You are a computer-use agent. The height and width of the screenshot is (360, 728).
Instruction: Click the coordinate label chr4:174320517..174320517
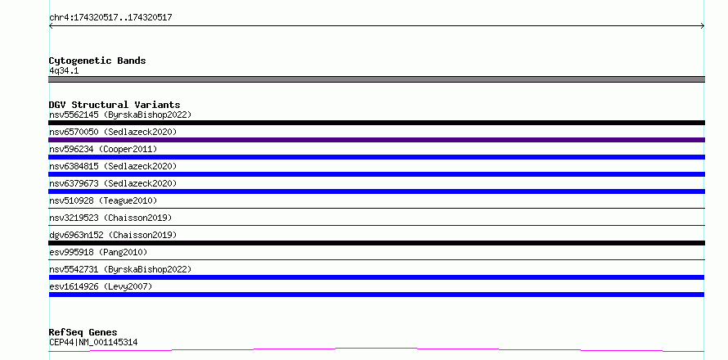(110, 18)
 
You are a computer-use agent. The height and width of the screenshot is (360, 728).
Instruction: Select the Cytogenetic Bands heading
(97, 61)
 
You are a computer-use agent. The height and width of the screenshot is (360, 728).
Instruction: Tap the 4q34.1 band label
(64, 71)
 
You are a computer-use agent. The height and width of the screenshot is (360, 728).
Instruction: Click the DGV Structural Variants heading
(115, 105)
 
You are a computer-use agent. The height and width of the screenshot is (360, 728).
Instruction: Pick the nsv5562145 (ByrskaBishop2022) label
(120, 115)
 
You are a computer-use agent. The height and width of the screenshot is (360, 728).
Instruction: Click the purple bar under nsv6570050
(376, 140)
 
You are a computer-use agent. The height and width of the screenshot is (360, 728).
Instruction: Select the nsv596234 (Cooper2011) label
(103, 149)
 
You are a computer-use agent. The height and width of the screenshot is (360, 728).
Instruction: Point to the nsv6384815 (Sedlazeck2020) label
(113, 166)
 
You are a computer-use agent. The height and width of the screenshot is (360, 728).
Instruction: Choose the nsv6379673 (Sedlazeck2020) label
(113, 183)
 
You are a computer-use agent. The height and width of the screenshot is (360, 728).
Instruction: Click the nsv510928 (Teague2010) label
(103, 200)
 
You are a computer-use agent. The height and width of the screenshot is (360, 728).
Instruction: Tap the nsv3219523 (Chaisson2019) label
(110, 218)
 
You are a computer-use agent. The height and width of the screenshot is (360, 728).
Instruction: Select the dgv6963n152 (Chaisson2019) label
(113, 235)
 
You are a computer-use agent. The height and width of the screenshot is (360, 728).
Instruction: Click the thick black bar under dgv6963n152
(376, 243)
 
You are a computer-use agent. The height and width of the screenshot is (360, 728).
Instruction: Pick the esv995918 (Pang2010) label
(98, 252)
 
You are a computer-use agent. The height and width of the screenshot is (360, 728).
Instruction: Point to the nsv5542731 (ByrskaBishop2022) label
(120, 269)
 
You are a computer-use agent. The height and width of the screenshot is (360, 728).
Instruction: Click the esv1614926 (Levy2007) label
(101, 286)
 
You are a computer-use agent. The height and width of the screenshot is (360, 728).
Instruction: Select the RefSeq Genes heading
(83, 333)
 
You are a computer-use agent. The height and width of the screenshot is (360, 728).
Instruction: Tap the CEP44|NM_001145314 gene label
(93, 343)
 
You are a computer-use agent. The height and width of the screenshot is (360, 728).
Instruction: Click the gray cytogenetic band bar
(376, 79)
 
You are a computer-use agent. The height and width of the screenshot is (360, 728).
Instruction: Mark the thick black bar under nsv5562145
(376, 123)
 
